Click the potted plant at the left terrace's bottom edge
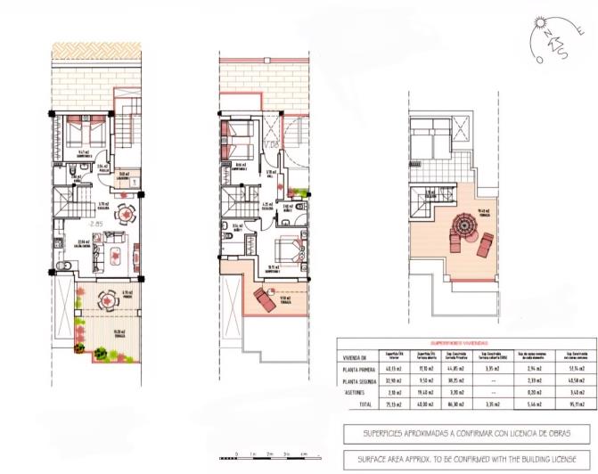point(101,355)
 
